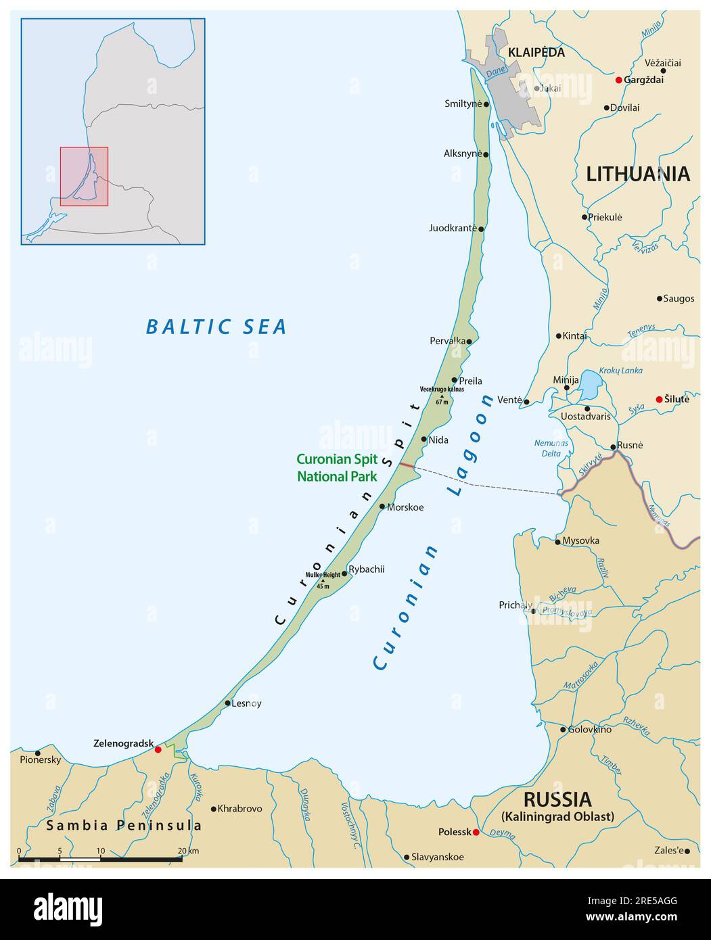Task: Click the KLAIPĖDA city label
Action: (536, 52)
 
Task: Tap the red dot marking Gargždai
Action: (618, 80)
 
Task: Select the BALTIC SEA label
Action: (216, 327)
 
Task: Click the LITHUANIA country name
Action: (638, 174)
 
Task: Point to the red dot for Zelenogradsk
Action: (158, 749)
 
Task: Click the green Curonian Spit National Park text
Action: (337, 467)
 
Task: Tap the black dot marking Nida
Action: (424, 440)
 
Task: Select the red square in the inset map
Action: (84, 176)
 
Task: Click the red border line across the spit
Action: (407, 465)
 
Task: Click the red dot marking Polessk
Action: (476, 832)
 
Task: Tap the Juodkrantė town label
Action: (453, 228)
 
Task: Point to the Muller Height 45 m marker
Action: (323, 580)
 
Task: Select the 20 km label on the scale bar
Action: (188, 851)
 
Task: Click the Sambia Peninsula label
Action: (124, 826)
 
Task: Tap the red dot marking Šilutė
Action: (660, 400)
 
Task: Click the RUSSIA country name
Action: (557, 799)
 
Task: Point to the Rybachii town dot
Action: (344, 573)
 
